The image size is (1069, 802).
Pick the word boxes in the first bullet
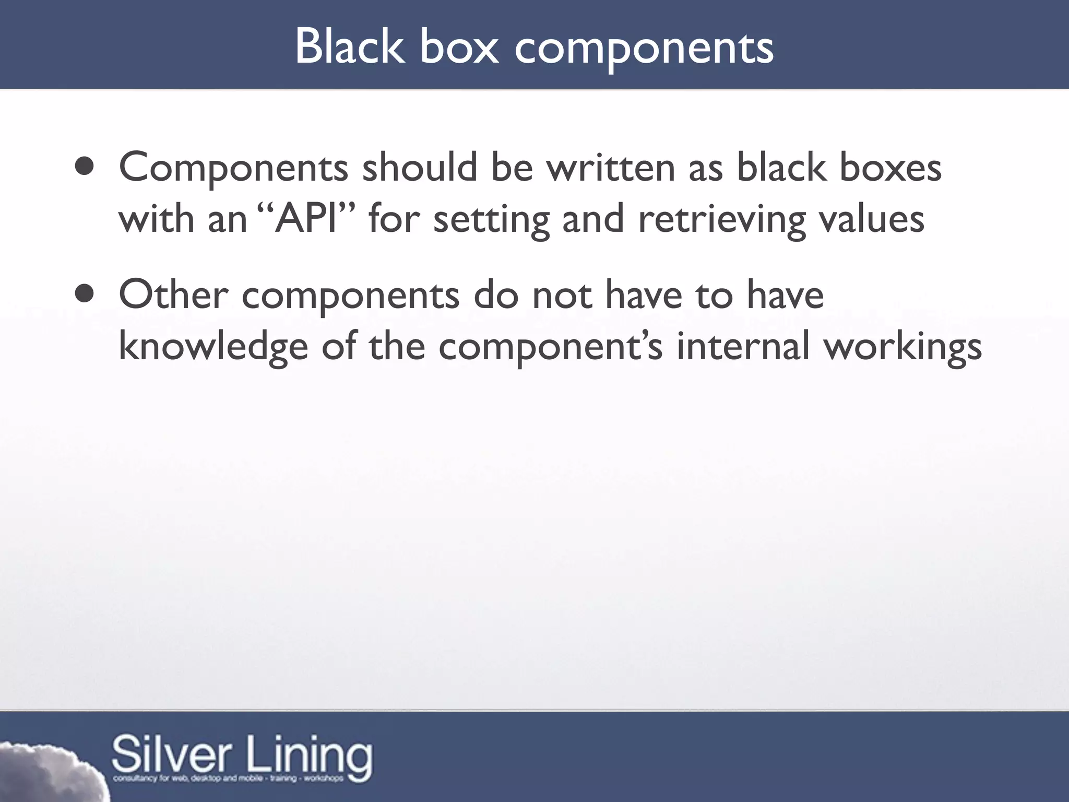(890, 168)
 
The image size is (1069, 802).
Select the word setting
(491, 219)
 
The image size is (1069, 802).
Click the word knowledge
(213, 347)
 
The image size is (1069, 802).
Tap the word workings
(902, 347)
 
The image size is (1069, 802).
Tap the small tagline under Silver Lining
(228, 779)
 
